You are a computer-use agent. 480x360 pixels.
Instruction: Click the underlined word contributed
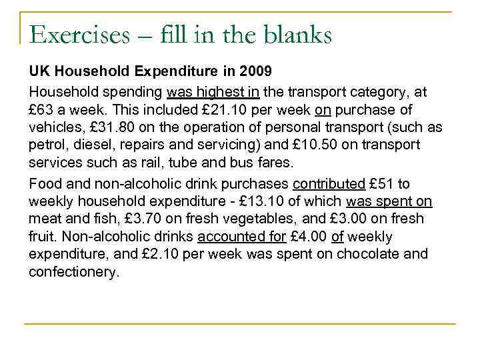[329, 184]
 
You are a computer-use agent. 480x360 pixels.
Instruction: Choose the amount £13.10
[240, 202]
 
